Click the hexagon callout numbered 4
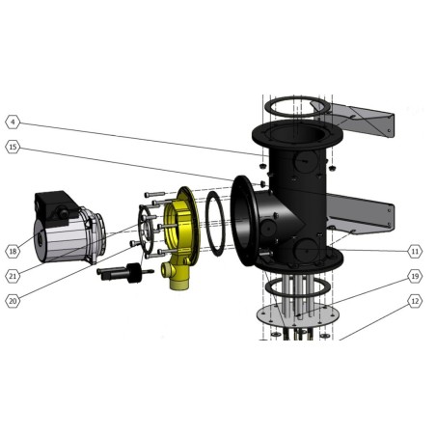pyautogui.click(x=13, y=122)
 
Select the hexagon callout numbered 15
pyautogui.click(x=13, y=147)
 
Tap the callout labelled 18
pyautogui.click(x=13, y=251)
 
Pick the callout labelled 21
pyautogui.click(x=13, y=276)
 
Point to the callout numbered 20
pyautogui.click(x=13, y=301)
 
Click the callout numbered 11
pyautogui.click(x=415, y=251)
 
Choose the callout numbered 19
pyautogui.click(x=415, y=276)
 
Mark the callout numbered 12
pyautogui.click(x=415, y=301)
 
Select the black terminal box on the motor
pyautogui.click(x=56, y=207)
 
